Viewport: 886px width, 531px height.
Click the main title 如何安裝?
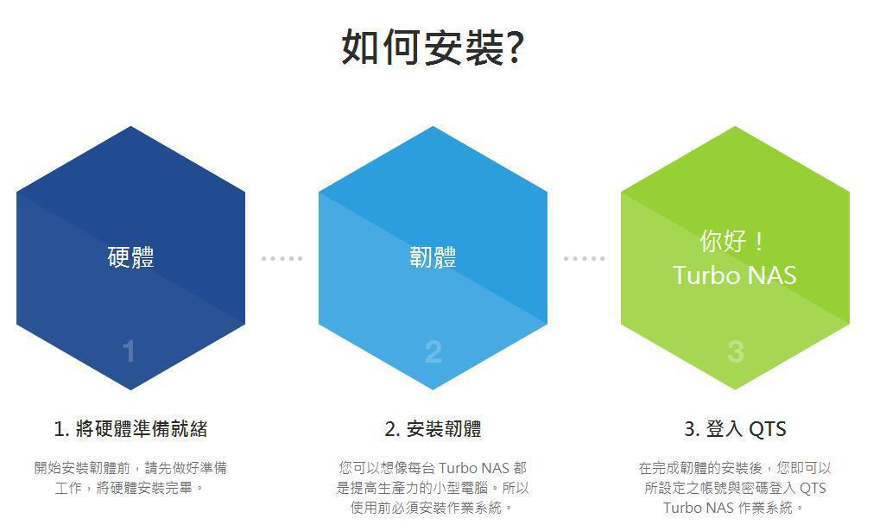pos(434,47)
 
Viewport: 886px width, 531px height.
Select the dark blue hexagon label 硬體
pos(130,257)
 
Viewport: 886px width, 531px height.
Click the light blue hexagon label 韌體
pos(433,257)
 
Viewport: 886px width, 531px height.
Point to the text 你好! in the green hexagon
pos(732,241)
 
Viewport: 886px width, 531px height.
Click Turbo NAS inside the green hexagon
pos(735,275)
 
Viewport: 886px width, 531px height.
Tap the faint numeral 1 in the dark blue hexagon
pos(130,351)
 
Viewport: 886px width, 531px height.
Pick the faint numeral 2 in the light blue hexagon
pos(433,351)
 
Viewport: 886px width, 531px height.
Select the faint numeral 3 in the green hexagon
pos(735,351)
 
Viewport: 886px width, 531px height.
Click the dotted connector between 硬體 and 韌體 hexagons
pos(282,259)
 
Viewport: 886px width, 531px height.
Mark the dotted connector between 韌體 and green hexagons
pos(585,259)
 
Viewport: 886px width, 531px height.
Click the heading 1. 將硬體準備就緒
pos(130,429)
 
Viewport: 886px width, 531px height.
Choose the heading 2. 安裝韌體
pos(433,429)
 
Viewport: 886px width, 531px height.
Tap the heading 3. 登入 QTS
pos(735,429)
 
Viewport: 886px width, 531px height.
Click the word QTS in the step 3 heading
pos(768,429)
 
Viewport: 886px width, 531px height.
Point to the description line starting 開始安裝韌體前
pos(130,468)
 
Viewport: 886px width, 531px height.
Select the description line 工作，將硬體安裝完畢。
pos(130,488)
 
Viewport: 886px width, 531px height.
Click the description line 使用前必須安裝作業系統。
pos(433,508)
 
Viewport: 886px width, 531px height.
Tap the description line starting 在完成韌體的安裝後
pos(735,468)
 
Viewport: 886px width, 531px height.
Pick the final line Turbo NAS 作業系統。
pos(734,508)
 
